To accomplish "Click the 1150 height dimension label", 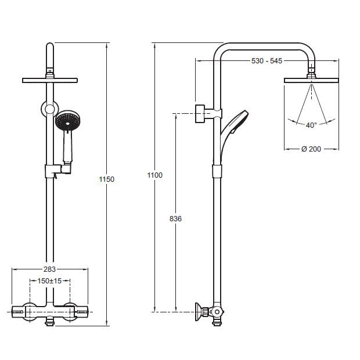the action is [x=106, y=179].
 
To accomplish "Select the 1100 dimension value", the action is [x=155, y=175].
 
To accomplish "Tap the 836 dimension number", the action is [x=175, y=219].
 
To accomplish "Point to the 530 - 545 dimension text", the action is [x=267, y=61].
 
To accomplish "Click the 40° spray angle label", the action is [x=311, y=125].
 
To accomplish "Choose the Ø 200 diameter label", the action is [x=311, y=149].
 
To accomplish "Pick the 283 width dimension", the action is [x=49, y=269].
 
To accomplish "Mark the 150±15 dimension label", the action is [x=49, y=281].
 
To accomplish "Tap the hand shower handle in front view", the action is [x=67, y=147].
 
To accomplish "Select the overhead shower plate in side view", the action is [x=311, y=80].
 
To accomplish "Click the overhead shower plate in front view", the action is [x=50, y=80].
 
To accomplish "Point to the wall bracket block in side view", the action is [x=200, y=114].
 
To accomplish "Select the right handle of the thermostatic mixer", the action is [x=81, y=312].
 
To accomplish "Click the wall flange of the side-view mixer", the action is [x=199, y=312].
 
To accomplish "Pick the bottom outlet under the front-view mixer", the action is [x=50, y=322].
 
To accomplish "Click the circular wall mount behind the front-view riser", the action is [x=50, y=109].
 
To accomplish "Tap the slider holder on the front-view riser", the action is [x=57, y=171].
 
